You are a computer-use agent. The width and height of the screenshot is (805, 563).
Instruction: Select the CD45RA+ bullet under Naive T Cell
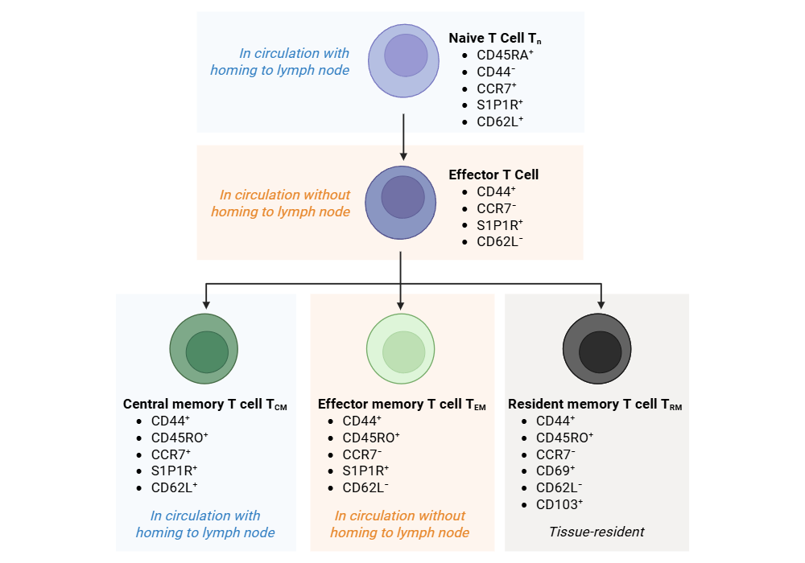point(505,55)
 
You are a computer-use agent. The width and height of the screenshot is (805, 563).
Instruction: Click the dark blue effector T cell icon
point(402,202)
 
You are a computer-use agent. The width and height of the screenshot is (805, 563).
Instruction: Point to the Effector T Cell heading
point(493,175)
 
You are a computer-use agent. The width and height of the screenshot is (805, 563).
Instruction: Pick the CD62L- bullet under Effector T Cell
point(499,241)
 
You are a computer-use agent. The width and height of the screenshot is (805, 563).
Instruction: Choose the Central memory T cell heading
point(205,404)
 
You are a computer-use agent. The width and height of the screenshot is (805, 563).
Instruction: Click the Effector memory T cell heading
point(402,404)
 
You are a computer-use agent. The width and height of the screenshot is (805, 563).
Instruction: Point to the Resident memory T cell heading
point(595,404)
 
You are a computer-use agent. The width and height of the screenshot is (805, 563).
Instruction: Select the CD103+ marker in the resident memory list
point(559,504)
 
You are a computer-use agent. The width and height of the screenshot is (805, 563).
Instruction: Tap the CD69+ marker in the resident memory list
point(555,471)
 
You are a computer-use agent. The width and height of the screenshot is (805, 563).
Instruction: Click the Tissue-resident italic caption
point(597,532)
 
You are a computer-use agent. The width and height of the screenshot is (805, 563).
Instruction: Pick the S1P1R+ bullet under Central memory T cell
point(174,471)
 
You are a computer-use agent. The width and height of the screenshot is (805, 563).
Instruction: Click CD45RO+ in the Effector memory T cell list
point(371,438)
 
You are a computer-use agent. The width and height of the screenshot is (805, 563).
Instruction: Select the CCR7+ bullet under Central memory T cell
point(171,454)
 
